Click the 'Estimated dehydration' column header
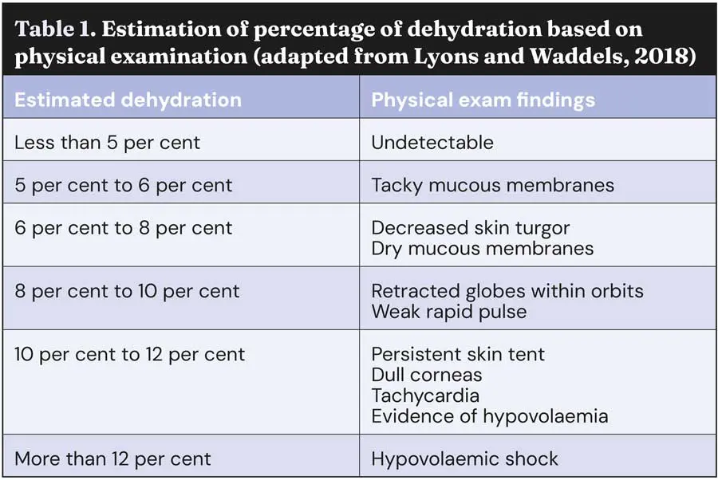(128, 100)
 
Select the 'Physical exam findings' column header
(483, 100)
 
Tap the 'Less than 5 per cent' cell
(107, 143)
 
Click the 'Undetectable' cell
(432, 143)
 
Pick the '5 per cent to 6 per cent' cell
(124, 185)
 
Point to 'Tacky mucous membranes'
(492, 185)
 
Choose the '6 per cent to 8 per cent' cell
(124, 227)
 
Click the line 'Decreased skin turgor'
(471, 227)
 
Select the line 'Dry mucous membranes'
(482, 248)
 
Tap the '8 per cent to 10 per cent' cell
(127, 291)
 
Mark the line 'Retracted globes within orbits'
(507, 291)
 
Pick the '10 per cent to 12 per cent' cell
(129, 354)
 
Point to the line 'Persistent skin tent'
(458, 354)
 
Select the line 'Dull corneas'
(427, 375)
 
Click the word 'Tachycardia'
(425, 395)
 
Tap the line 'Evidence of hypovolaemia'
(490, 416)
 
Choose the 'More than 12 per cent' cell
(112, 458)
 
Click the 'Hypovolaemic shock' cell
(464, 458)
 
